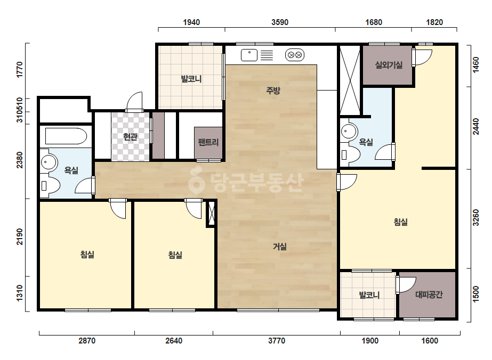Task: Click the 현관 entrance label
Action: click(x=130, y=137)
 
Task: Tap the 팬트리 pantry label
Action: click(x=208, y=142)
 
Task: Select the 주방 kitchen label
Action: click(x=273, y=91)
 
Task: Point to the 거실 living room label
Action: click(x=279, y=247)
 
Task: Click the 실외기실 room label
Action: click(x=389, y=65)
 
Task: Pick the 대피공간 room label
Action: click(x=429, y=294)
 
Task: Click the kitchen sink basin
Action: click(x=249, y=55)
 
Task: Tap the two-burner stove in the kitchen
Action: click(x=295, y=55)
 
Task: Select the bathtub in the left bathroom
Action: click(x=66, y=136)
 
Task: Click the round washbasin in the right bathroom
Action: click(x=349, y=131)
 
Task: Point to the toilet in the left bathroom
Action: click(x=50, y=186)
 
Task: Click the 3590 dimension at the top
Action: click(x=280, y=22)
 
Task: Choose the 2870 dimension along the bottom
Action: click(x=87, y=340)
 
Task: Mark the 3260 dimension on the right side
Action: click(x=476, y=218)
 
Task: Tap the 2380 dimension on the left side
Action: click(x=19, y=160)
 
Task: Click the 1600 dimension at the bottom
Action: click(x=430, y=340)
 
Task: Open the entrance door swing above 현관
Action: click(x=134, y=102)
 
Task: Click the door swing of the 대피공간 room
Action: click(x=407, y=285)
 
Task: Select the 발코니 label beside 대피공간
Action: click(x=369, y=295)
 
